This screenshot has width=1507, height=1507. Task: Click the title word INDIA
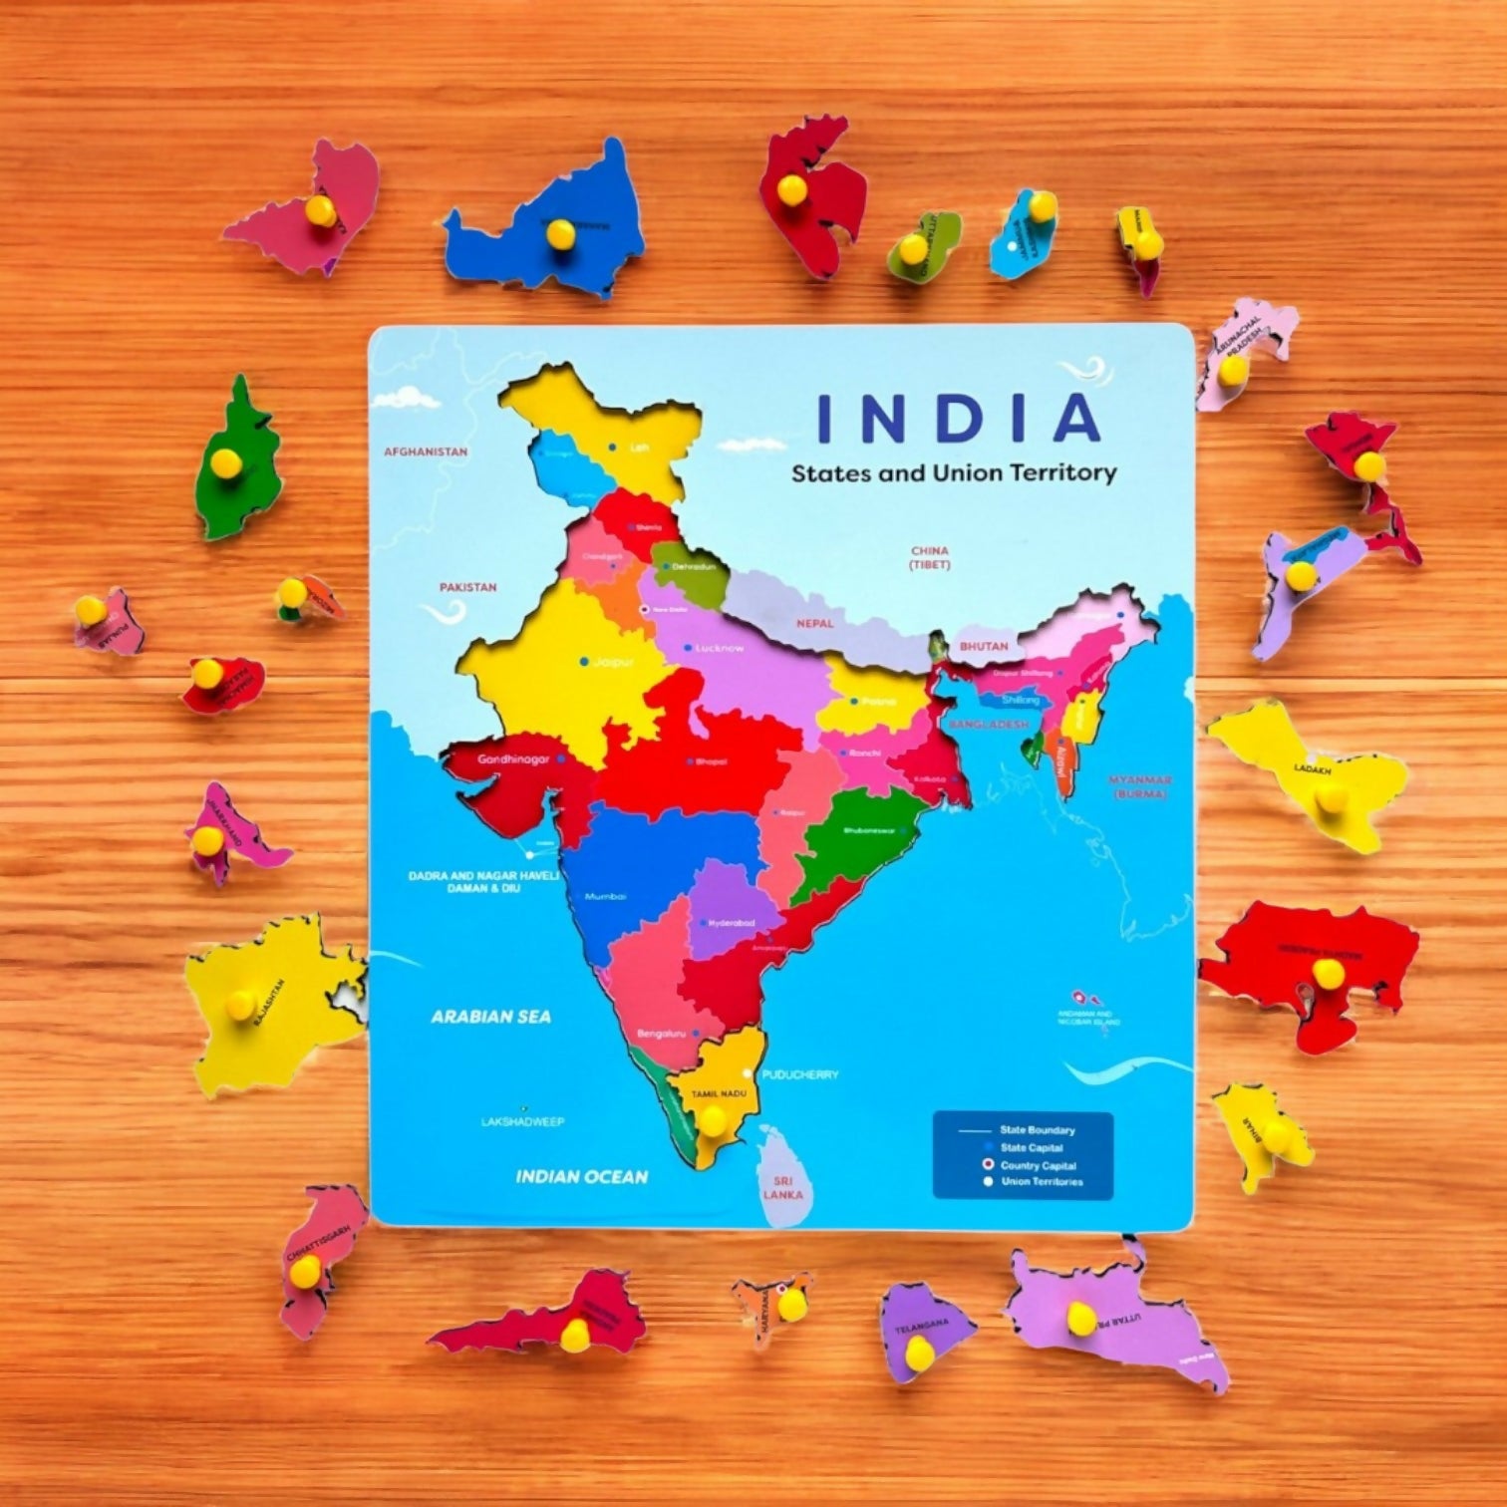click(958, 419)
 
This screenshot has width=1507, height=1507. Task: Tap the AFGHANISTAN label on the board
click(426, 452)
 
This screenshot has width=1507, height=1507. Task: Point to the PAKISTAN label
click(467, 587)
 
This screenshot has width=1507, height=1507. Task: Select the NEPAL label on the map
click(814, 623)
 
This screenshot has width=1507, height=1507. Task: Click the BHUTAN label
click(983, 647)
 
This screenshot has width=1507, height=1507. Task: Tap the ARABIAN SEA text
click(490, 1017)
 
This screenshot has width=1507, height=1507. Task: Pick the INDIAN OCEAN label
click(581, 1177)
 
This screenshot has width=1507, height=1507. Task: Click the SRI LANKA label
click(781, 1186)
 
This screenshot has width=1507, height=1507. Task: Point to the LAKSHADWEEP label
click(522, 1122)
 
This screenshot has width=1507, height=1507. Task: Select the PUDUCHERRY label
click(799, 1075)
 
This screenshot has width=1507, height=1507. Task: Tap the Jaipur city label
click(613, 662)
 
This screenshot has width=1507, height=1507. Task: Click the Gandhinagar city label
click(513, 759)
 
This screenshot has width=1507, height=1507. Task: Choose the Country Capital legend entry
click(1038, 1165)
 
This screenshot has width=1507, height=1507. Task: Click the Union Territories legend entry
click(1042, 1182)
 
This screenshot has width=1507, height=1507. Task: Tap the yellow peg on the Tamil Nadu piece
click(712, 1120)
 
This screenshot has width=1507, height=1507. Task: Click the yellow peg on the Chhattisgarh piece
click(305, 1269)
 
